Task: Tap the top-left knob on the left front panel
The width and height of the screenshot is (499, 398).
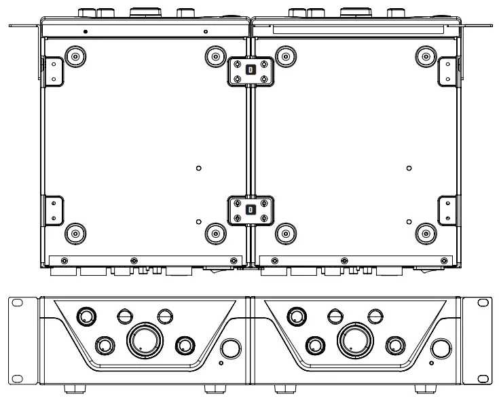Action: coord(86,316)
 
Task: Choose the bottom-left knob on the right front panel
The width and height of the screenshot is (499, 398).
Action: coord(314,346)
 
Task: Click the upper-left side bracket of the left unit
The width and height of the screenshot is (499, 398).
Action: coord(52,71)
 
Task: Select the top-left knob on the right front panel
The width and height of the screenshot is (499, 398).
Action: coord(297,316)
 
